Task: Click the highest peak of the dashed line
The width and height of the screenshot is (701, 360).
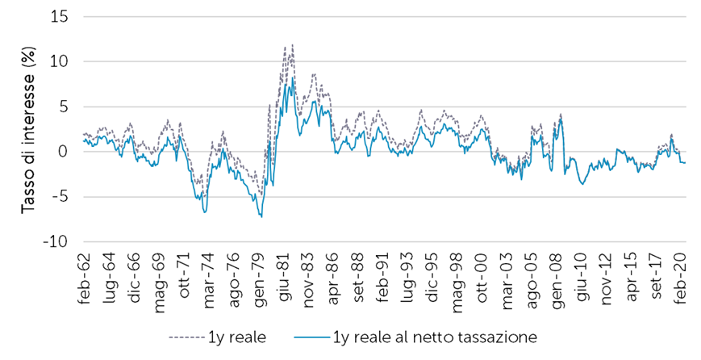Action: [x=292, y=45]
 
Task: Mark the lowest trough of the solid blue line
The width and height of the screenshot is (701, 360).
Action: [x=261, y=216]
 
